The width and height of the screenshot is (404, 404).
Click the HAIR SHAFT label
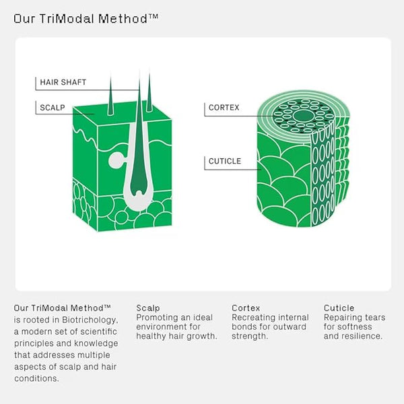(63, 82)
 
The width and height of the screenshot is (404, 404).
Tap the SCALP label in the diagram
(53, 108)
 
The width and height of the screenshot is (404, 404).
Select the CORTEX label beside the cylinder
(224, 108)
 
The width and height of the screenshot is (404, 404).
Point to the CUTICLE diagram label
(225, 161)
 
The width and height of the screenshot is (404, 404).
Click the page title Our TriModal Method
(86, 19)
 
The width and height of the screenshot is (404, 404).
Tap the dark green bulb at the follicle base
(139, 183)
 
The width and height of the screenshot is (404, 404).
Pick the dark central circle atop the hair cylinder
(304, 116)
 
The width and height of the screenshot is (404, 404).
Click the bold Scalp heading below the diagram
(148, 308)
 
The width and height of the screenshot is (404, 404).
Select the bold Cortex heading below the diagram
(246, 308)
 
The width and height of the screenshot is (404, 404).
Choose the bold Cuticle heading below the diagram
(339, 308)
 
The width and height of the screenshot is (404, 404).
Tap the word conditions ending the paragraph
(36, 378)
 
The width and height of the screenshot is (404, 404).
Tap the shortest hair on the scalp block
(111, 96)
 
